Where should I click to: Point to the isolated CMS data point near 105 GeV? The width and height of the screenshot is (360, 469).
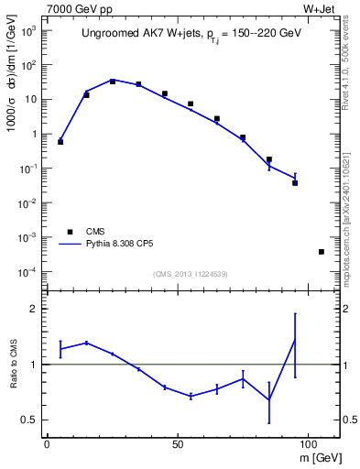322,251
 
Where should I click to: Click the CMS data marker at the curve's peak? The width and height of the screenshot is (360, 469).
113,81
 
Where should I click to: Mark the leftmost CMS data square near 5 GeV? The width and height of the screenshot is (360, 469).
60,142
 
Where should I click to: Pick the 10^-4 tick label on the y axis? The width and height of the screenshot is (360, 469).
28,272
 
